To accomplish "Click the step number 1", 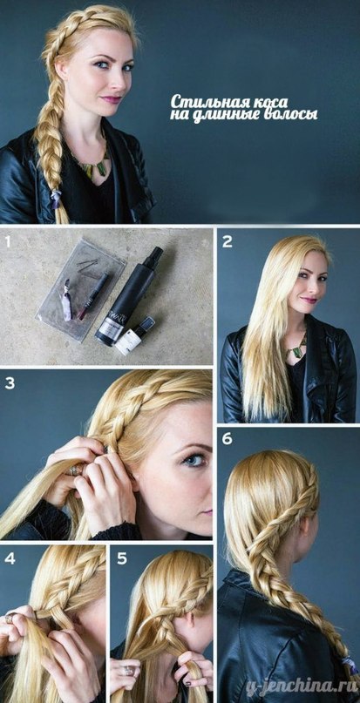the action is pos(7,242).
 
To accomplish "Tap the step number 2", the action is pos(228,242).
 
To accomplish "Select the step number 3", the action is pos(10,384).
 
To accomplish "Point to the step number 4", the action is pos(10,558).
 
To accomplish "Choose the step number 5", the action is pos(122,558).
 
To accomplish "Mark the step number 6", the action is pos(228,438).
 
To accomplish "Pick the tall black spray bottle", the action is pos(128,296).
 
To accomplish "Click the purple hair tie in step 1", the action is pos(66,300).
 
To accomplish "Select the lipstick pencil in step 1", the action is pos(93,296).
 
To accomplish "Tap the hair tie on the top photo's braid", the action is pos(56,198).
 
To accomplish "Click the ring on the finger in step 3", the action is pos(77,470).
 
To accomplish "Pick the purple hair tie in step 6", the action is pos(350,665).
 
